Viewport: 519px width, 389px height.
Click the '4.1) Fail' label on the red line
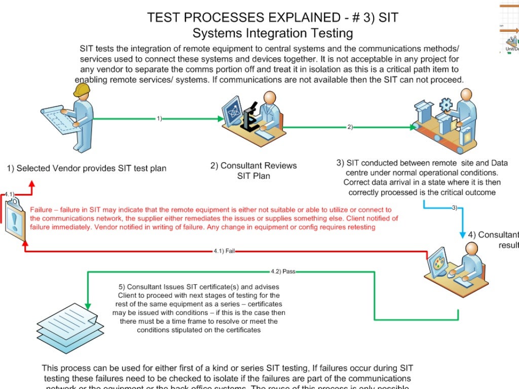coord(224,251)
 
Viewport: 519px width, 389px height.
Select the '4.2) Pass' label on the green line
coord(283,271)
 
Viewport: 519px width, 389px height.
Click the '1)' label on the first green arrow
coord(159,119)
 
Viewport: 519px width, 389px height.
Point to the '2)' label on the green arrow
coord(350,127)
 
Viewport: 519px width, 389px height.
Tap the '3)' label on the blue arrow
coord(454,208)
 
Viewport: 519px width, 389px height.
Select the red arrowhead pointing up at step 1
coord(31,185)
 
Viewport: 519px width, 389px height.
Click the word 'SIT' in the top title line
coord(387,18)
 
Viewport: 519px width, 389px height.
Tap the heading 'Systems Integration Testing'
coord(273,34)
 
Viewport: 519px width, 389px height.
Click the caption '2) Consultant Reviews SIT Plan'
coord(253,171)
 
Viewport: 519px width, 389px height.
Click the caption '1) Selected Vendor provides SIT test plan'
coord(86,168)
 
